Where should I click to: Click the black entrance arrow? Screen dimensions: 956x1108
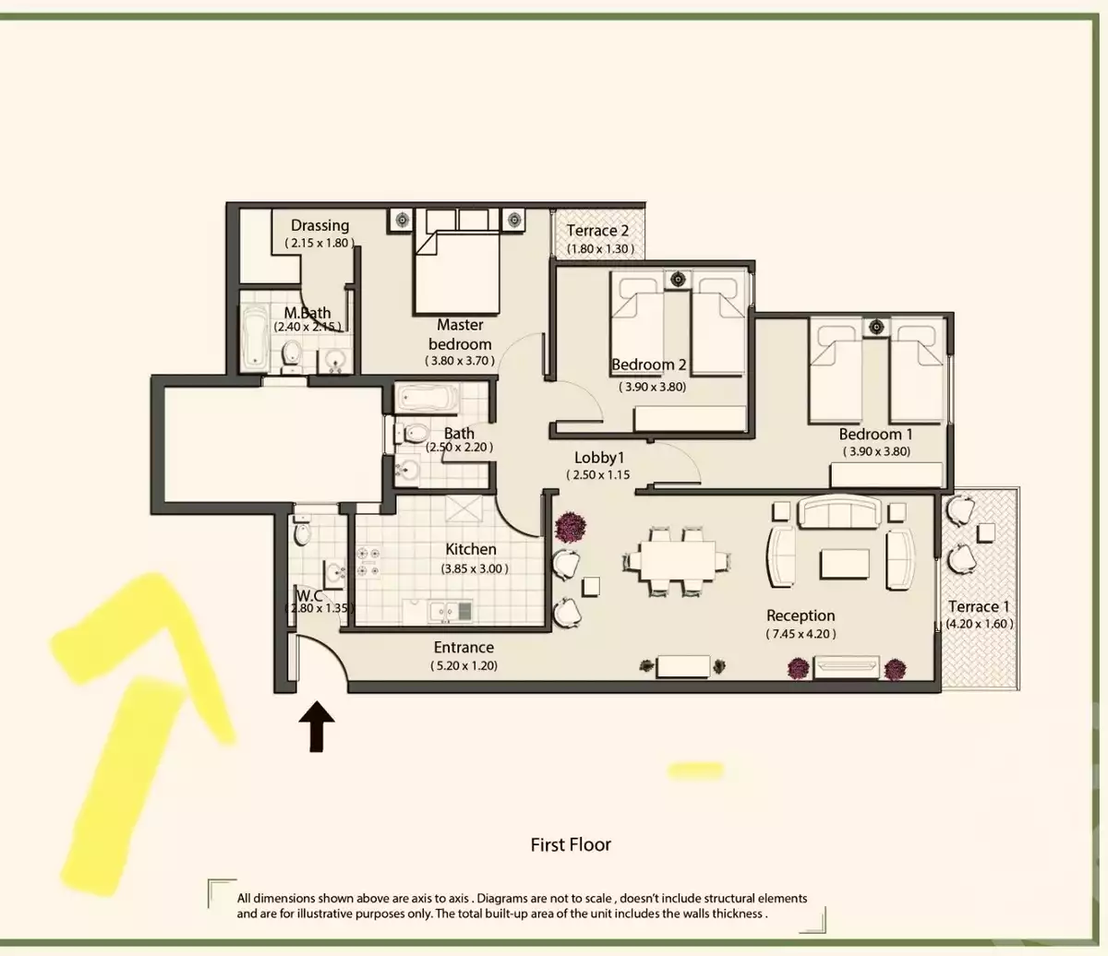(x=317, y=724)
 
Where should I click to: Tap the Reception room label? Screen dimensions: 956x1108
(x=801, y=615)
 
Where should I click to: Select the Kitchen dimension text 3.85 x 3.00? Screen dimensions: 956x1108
(x=475, y=568)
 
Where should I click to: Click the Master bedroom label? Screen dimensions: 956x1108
(x=460, y=334)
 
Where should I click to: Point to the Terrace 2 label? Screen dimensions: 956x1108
(x=597, y=231)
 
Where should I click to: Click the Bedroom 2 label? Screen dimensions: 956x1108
(x=649, y=364)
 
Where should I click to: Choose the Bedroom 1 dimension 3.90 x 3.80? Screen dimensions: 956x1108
(x=875, y=452)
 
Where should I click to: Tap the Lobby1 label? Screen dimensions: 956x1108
(x=600, y=457)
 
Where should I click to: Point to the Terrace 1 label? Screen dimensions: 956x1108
(x=979, y=606)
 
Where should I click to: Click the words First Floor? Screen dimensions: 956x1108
(x=571, y=843)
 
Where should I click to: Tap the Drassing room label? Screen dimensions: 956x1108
(x=319, y=225)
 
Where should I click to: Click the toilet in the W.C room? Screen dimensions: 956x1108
(x=302, y=533)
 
